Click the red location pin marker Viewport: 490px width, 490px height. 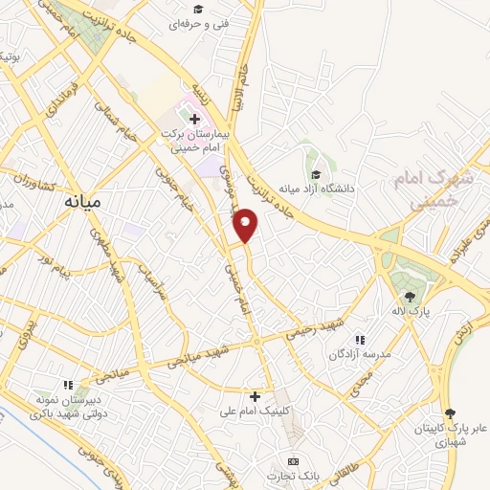247,224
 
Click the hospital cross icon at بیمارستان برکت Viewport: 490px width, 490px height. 195,120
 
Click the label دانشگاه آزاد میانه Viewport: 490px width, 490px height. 317,189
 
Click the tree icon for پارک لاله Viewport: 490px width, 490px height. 411,297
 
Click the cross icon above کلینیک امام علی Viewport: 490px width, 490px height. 255,395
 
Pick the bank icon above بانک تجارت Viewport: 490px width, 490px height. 294,461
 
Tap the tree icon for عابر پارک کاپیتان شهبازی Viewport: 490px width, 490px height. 451,412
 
